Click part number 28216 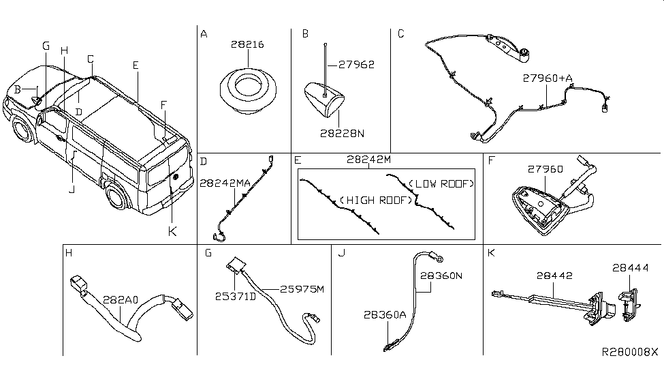tap(248, 45)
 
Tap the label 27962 tap(357, 65)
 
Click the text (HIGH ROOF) tap(375, 200)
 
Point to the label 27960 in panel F tap(544, 168)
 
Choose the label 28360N tap(441, 276)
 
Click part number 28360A tap(384, 315)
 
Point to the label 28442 tap(554, 276)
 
